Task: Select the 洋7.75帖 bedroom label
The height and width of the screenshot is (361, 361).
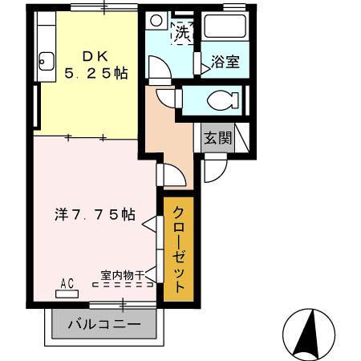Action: pos(94,214)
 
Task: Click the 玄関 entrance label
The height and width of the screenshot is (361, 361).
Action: pos(217,137)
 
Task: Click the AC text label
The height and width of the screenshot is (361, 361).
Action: pos(67,282)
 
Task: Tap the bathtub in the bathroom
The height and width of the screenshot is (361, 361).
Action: pos(225,28)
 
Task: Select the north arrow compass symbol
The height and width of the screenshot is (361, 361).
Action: pos(309,333)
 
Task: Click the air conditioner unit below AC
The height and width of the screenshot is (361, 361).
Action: pos(67,294)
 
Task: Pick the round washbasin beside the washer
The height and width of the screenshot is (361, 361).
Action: pos(156,22)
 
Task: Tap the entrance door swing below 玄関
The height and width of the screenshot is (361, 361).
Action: pos(213,170)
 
